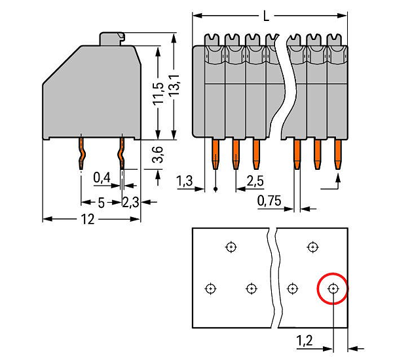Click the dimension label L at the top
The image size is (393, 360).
click(266, 16)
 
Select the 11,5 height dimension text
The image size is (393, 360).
click(159, 92)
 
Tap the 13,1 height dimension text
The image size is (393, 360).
click(174, 85)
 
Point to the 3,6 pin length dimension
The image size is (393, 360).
click(158, 154)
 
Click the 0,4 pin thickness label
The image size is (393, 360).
click(102, 178)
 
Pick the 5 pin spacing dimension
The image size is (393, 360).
click(101, 203)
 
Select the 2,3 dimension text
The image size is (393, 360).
click(130, 202)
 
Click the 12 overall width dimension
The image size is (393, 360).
click(88, 219)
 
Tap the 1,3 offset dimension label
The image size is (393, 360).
click(185, 181)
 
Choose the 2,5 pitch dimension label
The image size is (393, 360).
click(255, 180)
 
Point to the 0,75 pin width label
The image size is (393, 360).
click(269, 201)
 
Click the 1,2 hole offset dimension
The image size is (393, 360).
click(305, 341)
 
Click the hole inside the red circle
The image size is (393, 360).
click(333, 289)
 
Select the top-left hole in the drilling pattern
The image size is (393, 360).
click(231, 247)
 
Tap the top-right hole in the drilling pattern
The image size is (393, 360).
click(312, 247)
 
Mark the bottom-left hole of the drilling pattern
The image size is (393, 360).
click(210, 289)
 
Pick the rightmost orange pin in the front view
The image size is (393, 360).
click(338, 154)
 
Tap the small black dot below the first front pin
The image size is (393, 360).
click(215, 189)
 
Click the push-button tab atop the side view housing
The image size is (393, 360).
click(112, 39)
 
